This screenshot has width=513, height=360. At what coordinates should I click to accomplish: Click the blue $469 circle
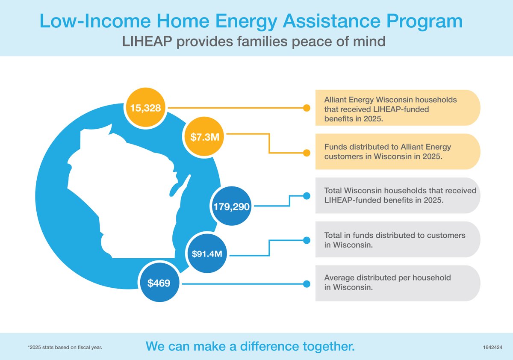point(159,283)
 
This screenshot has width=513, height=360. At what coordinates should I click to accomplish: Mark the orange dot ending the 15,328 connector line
point(306,108)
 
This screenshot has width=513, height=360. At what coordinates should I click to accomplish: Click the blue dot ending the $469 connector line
point(306,283)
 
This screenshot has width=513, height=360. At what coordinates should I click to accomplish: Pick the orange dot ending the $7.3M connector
point(306,153)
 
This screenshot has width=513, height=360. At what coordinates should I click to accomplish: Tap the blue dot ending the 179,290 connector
point(306,196)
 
